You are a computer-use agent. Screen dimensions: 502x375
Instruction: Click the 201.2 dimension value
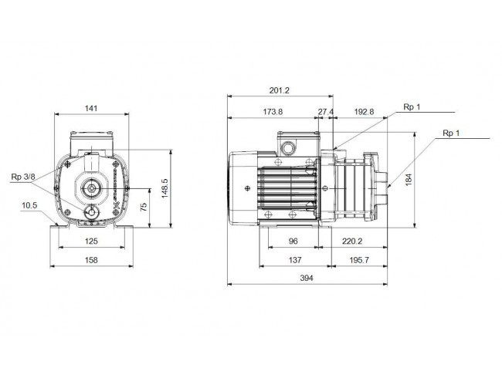tap(279, 90)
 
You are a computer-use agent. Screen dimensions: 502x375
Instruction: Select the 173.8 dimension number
tap(273, 112)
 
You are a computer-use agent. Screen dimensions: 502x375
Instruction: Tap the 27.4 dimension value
tap(326, 112)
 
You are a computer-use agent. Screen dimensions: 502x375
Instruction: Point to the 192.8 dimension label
tap(364, 112)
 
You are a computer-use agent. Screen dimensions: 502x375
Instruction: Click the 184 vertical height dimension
tap(409, 180)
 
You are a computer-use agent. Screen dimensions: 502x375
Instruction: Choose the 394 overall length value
tap(307, 278)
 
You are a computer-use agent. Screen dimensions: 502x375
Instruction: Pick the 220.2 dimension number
tap(352, 242)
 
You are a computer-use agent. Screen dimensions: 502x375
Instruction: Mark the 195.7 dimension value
tap(359, 260)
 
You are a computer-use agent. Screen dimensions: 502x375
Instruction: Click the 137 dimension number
tap(295, 260)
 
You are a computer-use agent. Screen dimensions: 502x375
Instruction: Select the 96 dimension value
tap(293, 242)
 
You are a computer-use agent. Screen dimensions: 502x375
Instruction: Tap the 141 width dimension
tap(91, 109)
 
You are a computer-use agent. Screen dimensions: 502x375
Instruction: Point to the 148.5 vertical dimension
tap(165, 188)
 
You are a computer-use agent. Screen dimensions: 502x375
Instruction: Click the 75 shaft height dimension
tap(144, 207)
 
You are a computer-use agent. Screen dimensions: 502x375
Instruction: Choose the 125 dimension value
tap(91, 242)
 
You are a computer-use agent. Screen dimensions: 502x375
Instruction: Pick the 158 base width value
tap(91, 260)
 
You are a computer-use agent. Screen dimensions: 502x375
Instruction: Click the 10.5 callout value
tap(29, 205)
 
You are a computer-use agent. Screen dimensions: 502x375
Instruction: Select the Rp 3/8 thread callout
tap(23, 177)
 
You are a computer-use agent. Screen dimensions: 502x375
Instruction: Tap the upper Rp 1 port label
tap(412, 107)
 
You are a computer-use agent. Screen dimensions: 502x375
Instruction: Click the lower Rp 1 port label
tap(451, 133)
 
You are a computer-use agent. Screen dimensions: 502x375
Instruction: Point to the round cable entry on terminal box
tap(287, 148)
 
